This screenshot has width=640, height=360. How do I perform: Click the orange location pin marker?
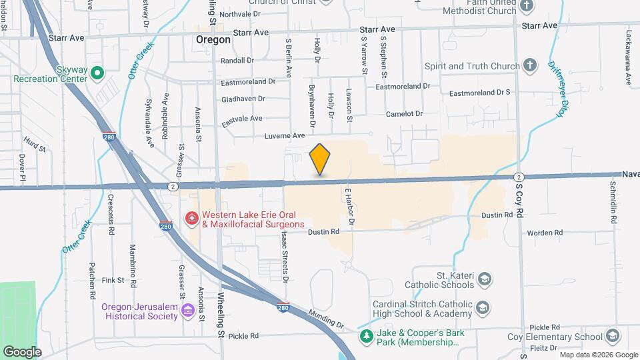click(320, 159)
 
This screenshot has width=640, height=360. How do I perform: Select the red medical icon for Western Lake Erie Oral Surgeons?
click(192, 219)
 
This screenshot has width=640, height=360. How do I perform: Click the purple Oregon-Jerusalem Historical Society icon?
click(187, 311)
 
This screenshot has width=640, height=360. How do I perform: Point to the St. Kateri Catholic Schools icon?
click(485, 278)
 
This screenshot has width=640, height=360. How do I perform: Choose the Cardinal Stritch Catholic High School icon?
click(482, 308)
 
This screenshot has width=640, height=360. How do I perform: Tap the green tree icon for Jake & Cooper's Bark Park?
click(365, 337)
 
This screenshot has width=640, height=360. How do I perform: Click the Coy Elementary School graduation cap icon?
click(613, 337)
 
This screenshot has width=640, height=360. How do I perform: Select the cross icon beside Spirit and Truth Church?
click(529, 65)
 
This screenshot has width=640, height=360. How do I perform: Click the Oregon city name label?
click(213, 40)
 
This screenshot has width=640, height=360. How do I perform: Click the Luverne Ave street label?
click(285, 135)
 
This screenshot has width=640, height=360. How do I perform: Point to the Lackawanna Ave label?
click(628, 57)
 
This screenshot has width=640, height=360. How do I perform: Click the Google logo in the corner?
click(22, 351)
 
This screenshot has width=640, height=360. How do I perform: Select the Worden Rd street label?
click(545, 233)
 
